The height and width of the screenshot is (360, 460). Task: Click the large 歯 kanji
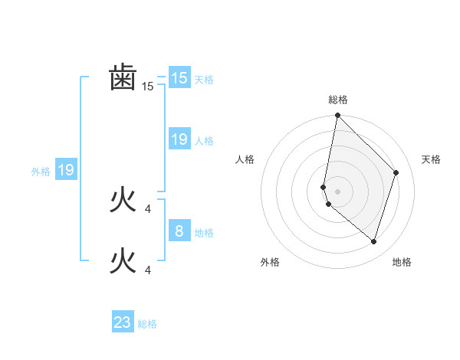coord(123,78)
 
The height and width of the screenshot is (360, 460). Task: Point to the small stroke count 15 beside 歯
coord(148,87)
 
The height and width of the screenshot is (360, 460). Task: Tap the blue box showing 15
coord(179,78)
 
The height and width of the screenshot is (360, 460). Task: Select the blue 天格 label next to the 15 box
coord(204,80)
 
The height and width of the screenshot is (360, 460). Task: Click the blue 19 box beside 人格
coord(179,139)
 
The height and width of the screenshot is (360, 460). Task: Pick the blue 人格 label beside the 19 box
coord(204,141)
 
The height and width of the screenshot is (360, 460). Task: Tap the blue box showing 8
coord(179,230)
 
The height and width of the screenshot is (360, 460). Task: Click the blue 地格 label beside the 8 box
coord(204,233)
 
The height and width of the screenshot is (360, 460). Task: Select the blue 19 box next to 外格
coord(66,170)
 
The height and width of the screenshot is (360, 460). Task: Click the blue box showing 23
coord(123,322)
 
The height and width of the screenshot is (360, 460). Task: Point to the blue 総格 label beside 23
coord(147,325)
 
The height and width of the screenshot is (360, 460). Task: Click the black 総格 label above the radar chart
coord(337,100)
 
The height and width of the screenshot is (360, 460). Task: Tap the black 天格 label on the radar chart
coord(431,159)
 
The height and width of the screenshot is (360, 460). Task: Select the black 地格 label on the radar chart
coord(402,262)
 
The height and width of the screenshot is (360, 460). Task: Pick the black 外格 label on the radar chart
coord(270,262)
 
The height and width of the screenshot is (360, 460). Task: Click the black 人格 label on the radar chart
coord(245,159)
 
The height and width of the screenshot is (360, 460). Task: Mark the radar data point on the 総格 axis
coord(337,116)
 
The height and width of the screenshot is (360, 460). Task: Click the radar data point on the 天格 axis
coord(396,172)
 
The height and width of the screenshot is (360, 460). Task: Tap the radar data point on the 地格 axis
coord(374,241)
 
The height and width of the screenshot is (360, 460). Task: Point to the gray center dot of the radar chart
coord(337,191)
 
